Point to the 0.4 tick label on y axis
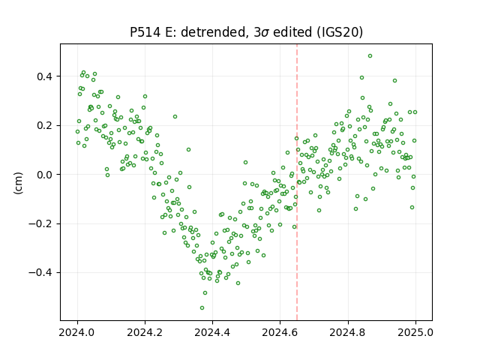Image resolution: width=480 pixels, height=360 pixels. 45,76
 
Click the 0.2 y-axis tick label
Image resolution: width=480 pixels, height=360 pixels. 45,125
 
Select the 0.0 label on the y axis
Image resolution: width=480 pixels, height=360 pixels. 45,175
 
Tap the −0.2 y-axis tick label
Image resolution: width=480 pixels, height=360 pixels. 41,223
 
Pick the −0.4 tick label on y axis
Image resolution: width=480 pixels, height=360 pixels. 41,273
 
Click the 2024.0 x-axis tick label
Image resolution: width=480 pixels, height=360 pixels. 77,332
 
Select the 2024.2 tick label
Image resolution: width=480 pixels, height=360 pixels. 145,332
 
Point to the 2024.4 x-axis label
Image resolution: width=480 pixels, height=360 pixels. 212,332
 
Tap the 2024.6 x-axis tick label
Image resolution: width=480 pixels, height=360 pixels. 280,332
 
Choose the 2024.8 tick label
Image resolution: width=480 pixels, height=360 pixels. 348,332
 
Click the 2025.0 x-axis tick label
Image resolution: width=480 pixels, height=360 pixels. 415,332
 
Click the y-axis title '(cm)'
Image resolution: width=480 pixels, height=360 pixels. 18,183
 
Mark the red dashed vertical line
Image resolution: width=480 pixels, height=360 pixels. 297,182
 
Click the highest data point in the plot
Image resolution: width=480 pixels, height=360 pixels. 370,56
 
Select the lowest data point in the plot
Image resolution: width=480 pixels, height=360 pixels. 202,308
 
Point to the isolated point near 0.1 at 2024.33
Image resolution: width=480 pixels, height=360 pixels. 188,150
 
